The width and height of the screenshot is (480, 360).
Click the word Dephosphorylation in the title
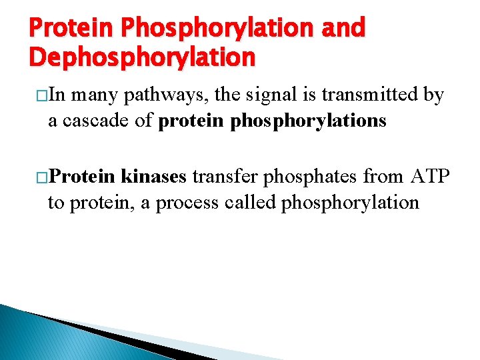[142, 57]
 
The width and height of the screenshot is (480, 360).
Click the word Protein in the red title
[71, 28]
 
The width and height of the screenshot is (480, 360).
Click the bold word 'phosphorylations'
[306, 121]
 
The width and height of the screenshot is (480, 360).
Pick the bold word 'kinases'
[155, 177]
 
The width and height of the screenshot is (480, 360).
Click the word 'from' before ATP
[383, 177]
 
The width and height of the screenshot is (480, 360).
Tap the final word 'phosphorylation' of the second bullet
[350, 202]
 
